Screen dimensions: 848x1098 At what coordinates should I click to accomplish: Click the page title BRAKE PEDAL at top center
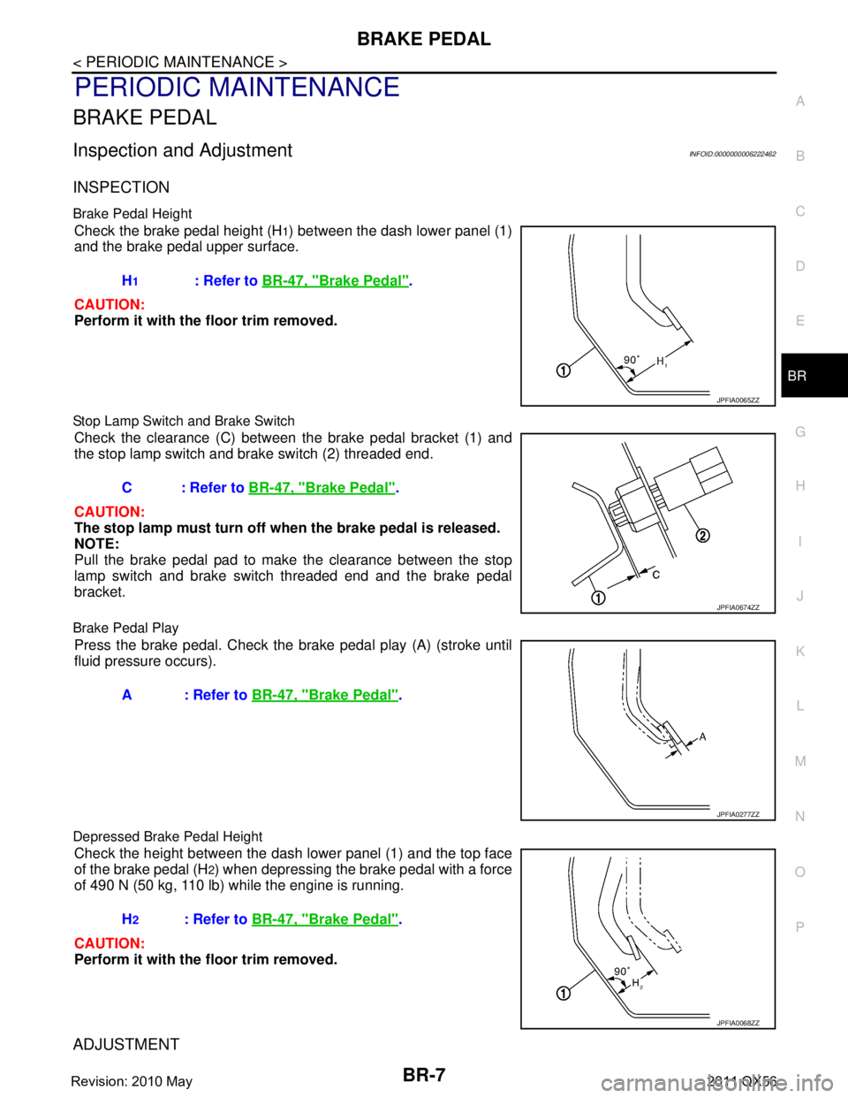click(x=423, y=39)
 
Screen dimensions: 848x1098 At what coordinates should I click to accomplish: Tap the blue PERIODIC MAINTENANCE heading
click(x=238, y=87)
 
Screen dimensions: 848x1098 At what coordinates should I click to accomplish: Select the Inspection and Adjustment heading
click(x=183, y=150)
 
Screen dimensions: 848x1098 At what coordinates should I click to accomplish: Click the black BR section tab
click(x=814, y=376)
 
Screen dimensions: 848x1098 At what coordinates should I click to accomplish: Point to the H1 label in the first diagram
click(x=662, y=362)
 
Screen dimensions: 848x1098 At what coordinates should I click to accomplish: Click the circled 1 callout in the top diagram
click(x=564, y=370)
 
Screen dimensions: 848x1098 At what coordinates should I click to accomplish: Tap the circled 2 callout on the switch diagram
click(x=703, y=536)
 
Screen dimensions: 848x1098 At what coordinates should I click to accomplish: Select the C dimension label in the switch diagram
click(x=655, y=575)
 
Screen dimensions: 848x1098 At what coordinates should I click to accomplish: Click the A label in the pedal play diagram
click(x=702, y=737)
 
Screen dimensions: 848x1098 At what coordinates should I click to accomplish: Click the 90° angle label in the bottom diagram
click(x=621, y=972)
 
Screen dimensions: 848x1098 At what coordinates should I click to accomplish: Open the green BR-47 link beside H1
click(x=335, y=281)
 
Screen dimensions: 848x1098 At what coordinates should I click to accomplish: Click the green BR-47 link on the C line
click(x=322, y=488)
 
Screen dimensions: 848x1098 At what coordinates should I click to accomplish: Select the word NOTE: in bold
click(x=97, y=544)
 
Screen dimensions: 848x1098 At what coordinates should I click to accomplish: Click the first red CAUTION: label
click(x=110, y=304)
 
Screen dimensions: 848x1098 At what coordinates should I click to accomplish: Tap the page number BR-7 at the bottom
click(x=424, y=1075)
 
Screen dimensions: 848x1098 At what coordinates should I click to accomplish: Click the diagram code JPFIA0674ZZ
click(x=738, y=607)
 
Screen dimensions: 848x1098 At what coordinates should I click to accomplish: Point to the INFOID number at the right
click(x=732, y=154)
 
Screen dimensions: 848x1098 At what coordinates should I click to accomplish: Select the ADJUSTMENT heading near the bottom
click(x=126, y=1044)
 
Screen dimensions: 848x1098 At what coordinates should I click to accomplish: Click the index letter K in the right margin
click(x=800, y=652)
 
